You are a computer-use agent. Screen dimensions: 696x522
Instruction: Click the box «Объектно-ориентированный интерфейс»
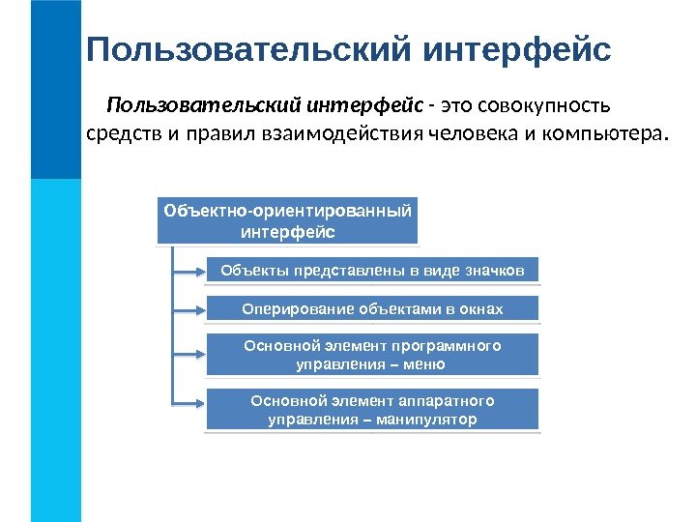[x=287, y=221]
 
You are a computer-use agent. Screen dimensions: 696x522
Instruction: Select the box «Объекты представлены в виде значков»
[x=372, y=271]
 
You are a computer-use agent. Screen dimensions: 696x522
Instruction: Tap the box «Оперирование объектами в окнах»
[x=372, y=309]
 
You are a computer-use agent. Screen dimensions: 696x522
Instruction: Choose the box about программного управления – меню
[x=372, y=355]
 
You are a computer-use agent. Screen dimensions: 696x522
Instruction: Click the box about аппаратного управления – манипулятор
[x=372, y=410]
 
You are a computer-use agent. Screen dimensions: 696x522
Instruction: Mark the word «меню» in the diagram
[x=426, y=364]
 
